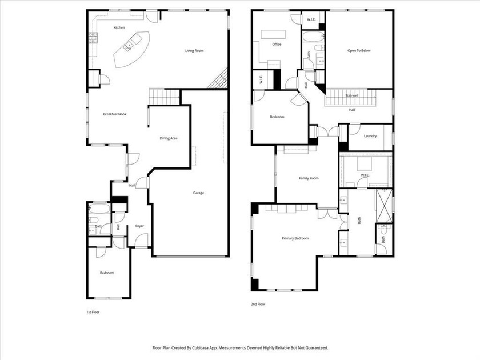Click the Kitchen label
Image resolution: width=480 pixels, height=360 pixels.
click(x=119, y=27)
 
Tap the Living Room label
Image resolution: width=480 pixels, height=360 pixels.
click(x=194, y=51)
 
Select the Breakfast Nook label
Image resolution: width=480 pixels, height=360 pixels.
click(x=114, y=114)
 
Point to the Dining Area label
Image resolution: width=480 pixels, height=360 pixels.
click(x=168, y=138)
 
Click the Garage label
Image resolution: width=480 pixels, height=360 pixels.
click(x=198, y=193)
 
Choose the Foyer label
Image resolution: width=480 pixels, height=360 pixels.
click(x=139, y=226)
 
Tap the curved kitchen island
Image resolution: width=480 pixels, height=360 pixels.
click(x=131, y=49)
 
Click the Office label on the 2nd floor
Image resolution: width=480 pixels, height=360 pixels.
click(x=277, y=44)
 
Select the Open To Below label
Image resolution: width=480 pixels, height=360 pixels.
click(x=359, y=51)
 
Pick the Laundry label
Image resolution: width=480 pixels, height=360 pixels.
click(x=370, y=136)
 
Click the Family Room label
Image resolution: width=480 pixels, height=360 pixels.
click(x=309, y=178)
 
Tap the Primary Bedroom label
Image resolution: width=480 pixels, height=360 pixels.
click(x=295, y=238)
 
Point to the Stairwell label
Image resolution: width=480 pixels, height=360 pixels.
click(x=352, y=95)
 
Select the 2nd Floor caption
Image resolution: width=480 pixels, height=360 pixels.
click(x=258, y=304)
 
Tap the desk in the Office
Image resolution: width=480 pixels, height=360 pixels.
click(x=273, y=34)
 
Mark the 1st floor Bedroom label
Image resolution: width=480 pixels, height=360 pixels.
click(x=107, y=273)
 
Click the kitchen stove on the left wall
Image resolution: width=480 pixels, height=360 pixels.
click(x=92, y=39)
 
